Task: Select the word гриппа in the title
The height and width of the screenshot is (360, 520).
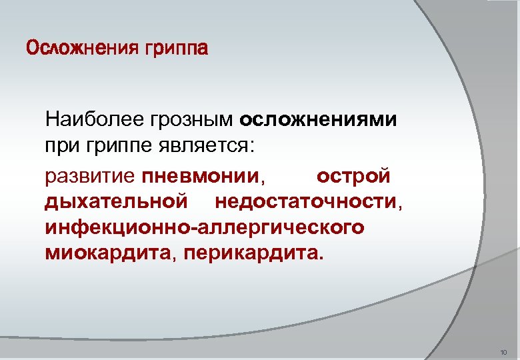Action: click(175, 49)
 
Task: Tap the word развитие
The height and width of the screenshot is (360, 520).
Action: click(91, 177)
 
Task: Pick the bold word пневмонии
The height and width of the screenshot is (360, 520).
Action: click(199, 177)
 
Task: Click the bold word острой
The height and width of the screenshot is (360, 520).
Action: click(353, 177)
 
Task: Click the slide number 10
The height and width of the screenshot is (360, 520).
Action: click(503, 351)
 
